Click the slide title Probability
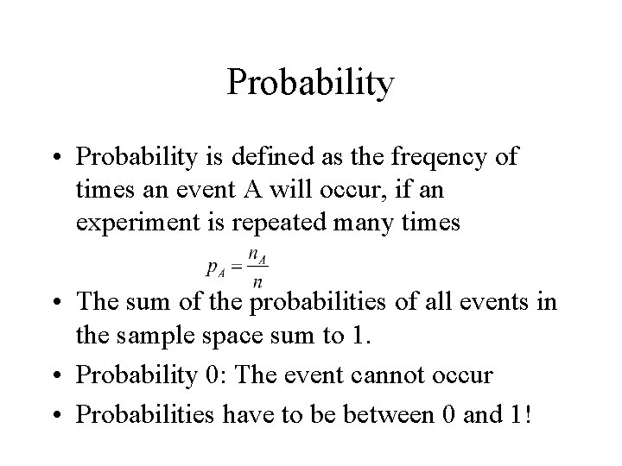pos(311,84)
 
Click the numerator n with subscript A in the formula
pos(256,257)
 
